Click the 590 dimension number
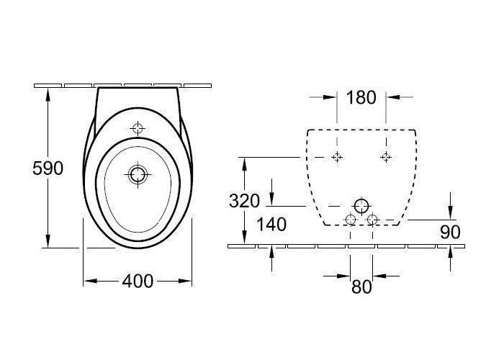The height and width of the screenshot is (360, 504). (x=48, y=168)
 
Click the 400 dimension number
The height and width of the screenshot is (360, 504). (x=138, y=281)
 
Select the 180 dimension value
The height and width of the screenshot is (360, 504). (x=361, y=97)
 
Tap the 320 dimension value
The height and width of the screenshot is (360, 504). (x=244, y=201)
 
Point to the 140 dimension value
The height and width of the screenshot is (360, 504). (x=271, y=225)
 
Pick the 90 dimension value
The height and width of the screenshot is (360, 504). (x=450, y=232)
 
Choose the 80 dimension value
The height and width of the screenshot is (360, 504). (x=361, y=287)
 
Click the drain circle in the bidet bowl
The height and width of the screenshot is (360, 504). (x=138, y=174)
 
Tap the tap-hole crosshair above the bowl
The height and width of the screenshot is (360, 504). (x=138, y=129)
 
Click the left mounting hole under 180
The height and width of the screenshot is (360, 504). (x=337, y=157)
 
